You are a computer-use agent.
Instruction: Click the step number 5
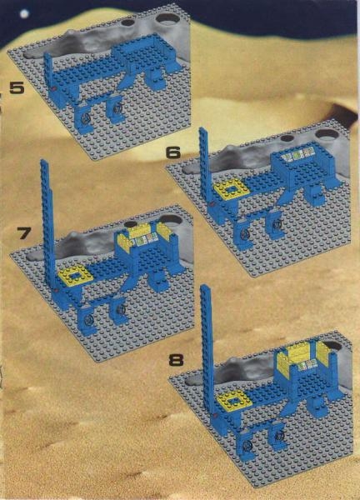pyautogui.click(x=17, y=87)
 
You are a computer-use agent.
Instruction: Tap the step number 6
pyautogui.click(x=173, y=153)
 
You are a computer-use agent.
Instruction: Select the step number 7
pyautogui.click(x=24, y=234)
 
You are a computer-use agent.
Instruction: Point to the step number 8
pyautogui.click(x=177, y=360)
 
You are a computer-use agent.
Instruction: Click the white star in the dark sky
pyautogui.click(x=24, y=13)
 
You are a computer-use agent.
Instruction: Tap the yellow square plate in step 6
pyautogui.click(x=229, y=188)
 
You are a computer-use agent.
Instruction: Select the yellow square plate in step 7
pyautogui.click(x=75, y=276)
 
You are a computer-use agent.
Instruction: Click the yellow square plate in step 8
pyautogui.click(x=232, y=399)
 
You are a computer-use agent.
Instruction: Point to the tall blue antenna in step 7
pyautogui.click(x=47, y=223)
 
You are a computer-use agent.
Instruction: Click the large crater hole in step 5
pyautogui.click(x=167, y=18)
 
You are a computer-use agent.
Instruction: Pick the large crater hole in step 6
pyautogui.click(x=327, y=134)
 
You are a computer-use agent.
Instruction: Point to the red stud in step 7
pyautogui.click(x=57, y=290)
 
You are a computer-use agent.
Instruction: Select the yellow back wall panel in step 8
pyautogui.click(x=298, y=352)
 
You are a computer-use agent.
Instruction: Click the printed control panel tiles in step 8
pyautogui.click(x=306, y=364)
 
